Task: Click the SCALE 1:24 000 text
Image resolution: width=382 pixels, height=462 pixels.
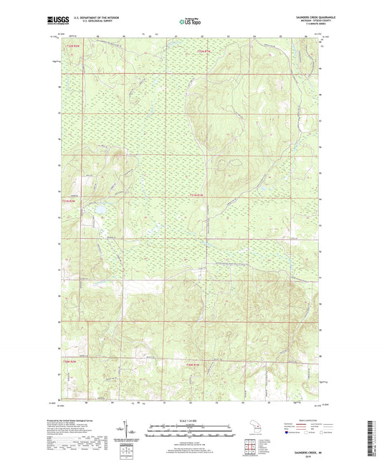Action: coord(190,420)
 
